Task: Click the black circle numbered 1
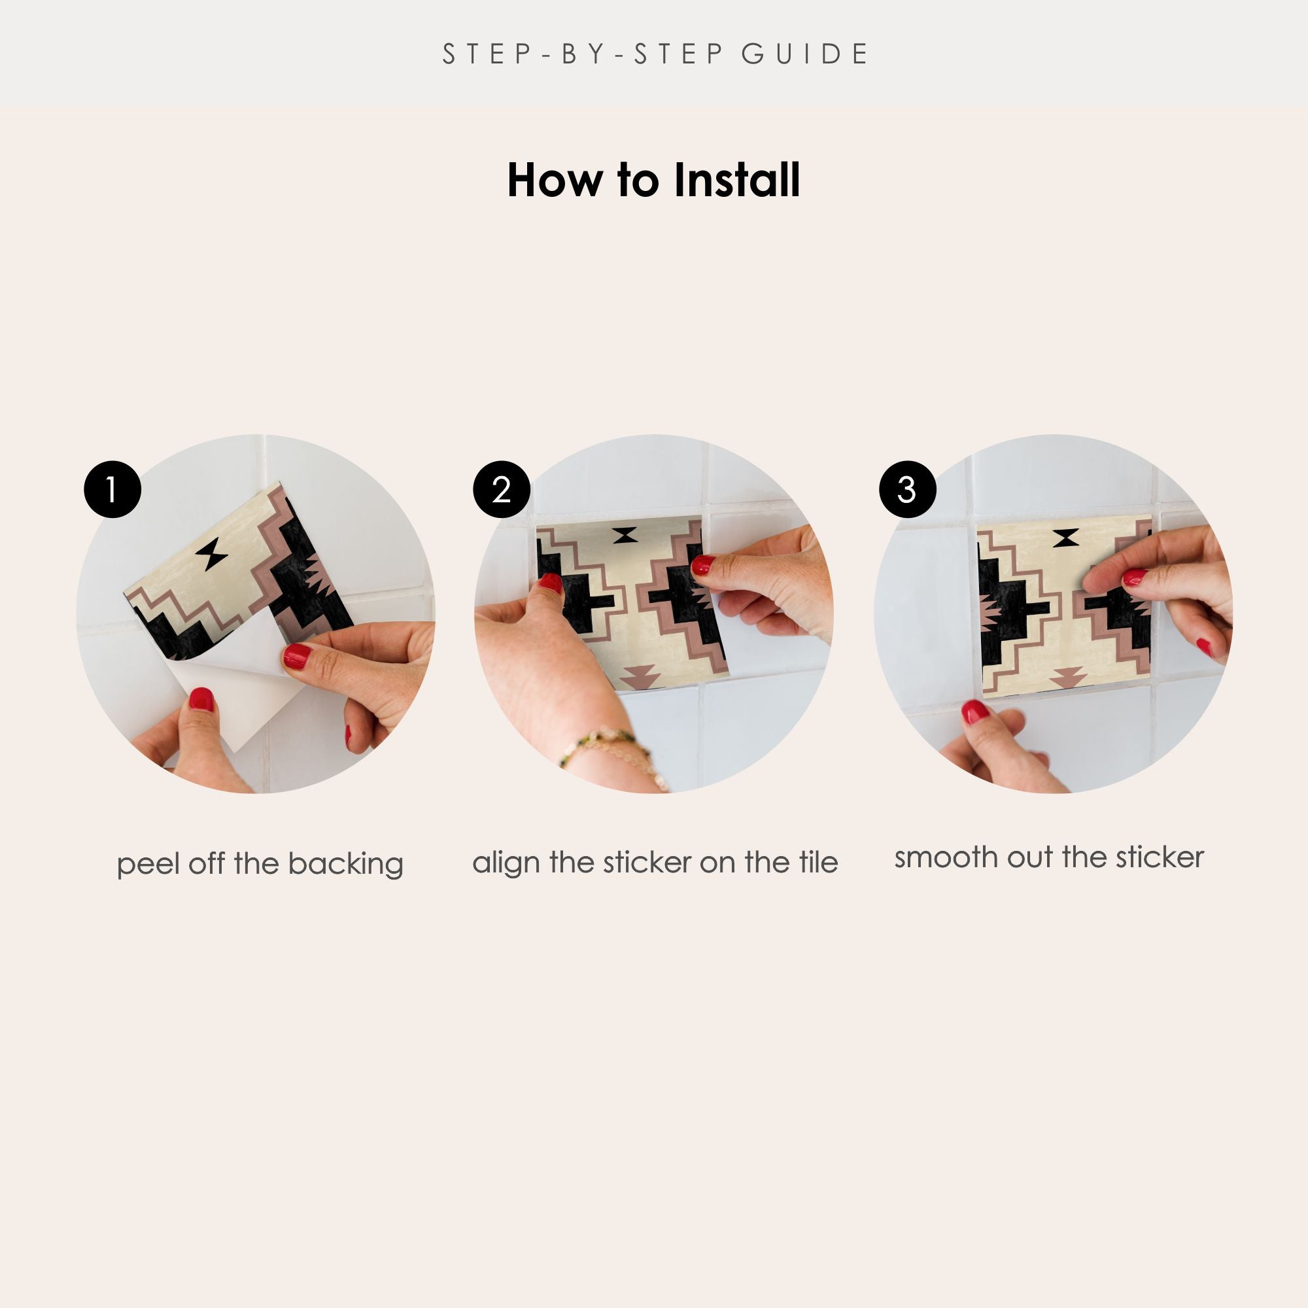pyautogui.click(x=112, y=489)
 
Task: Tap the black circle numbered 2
pyautogui.click(x=502, y=489)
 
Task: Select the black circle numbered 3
pyautogui.click(x=907, y=489)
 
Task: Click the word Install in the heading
pyautogui.click(x=737, y=180)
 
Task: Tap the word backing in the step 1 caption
pyautogui.click(x=345, y=865)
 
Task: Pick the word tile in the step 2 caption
pyautogui.click(x=819, y=862)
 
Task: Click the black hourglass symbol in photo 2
pyautogui.click(x=627, y=536)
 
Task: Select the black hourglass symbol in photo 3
pyautogui.click(x=1065, y=538)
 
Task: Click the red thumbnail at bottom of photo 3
pyautogui.click(x=975, y=712)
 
